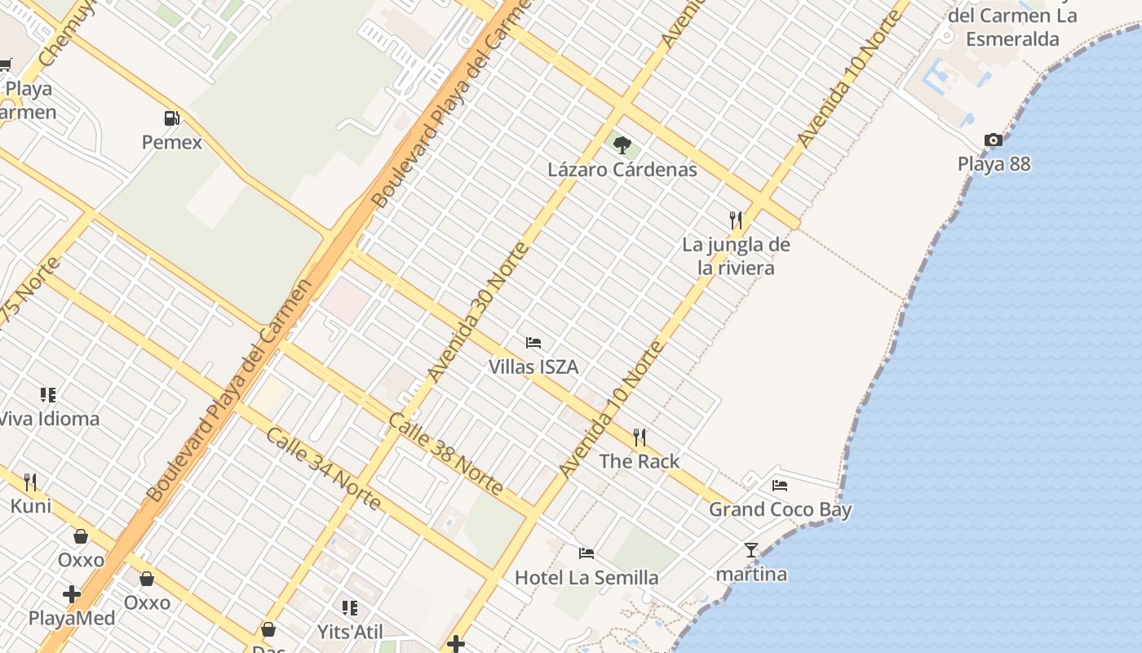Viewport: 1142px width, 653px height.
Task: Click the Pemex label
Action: tap(171, 143)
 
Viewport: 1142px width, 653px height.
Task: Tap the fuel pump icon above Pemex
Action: tap(171, 118)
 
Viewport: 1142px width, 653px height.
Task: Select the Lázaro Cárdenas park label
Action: tap(622, 170)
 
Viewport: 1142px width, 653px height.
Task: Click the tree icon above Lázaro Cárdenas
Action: tap(622, 145)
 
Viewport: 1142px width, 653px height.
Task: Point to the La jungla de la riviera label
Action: tap(736, 255)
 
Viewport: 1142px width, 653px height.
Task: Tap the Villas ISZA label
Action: tap(533, 367)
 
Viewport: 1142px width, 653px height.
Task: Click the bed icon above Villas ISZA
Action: tap(533, 343)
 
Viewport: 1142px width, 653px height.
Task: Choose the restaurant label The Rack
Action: tap(640, 461)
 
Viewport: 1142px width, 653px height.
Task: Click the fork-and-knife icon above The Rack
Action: tap(640, 438)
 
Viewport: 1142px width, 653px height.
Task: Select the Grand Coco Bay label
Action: tap(780, 510)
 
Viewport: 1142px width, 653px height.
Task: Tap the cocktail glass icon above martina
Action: tap(751, 550)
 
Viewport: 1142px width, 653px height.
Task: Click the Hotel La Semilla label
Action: tap(586, 578)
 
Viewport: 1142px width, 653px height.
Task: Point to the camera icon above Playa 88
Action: tap(994, 140)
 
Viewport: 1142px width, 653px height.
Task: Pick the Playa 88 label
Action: tap(994, 164)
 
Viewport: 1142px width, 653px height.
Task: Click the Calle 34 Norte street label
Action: tap(323, 469)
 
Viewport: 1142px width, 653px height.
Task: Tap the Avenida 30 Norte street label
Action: tap(479, 313)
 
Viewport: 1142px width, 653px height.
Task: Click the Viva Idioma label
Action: tap(49, 420)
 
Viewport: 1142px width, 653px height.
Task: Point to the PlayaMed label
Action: tap(72, 618)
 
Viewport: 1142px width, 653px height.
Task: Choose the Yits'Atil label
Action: tap(350, 632)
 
